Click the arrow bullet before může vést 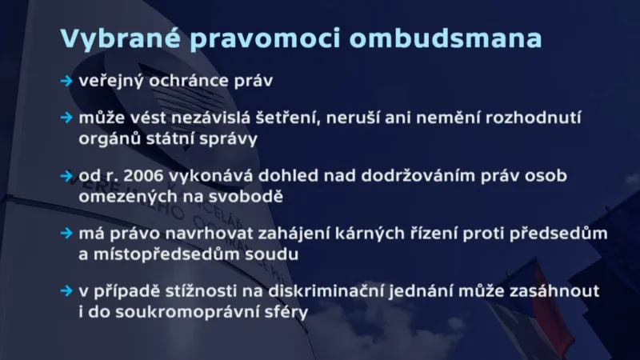[66, 118]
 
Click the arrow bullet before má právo [66, 233]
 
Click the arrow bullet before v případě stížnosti [66, 290]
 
